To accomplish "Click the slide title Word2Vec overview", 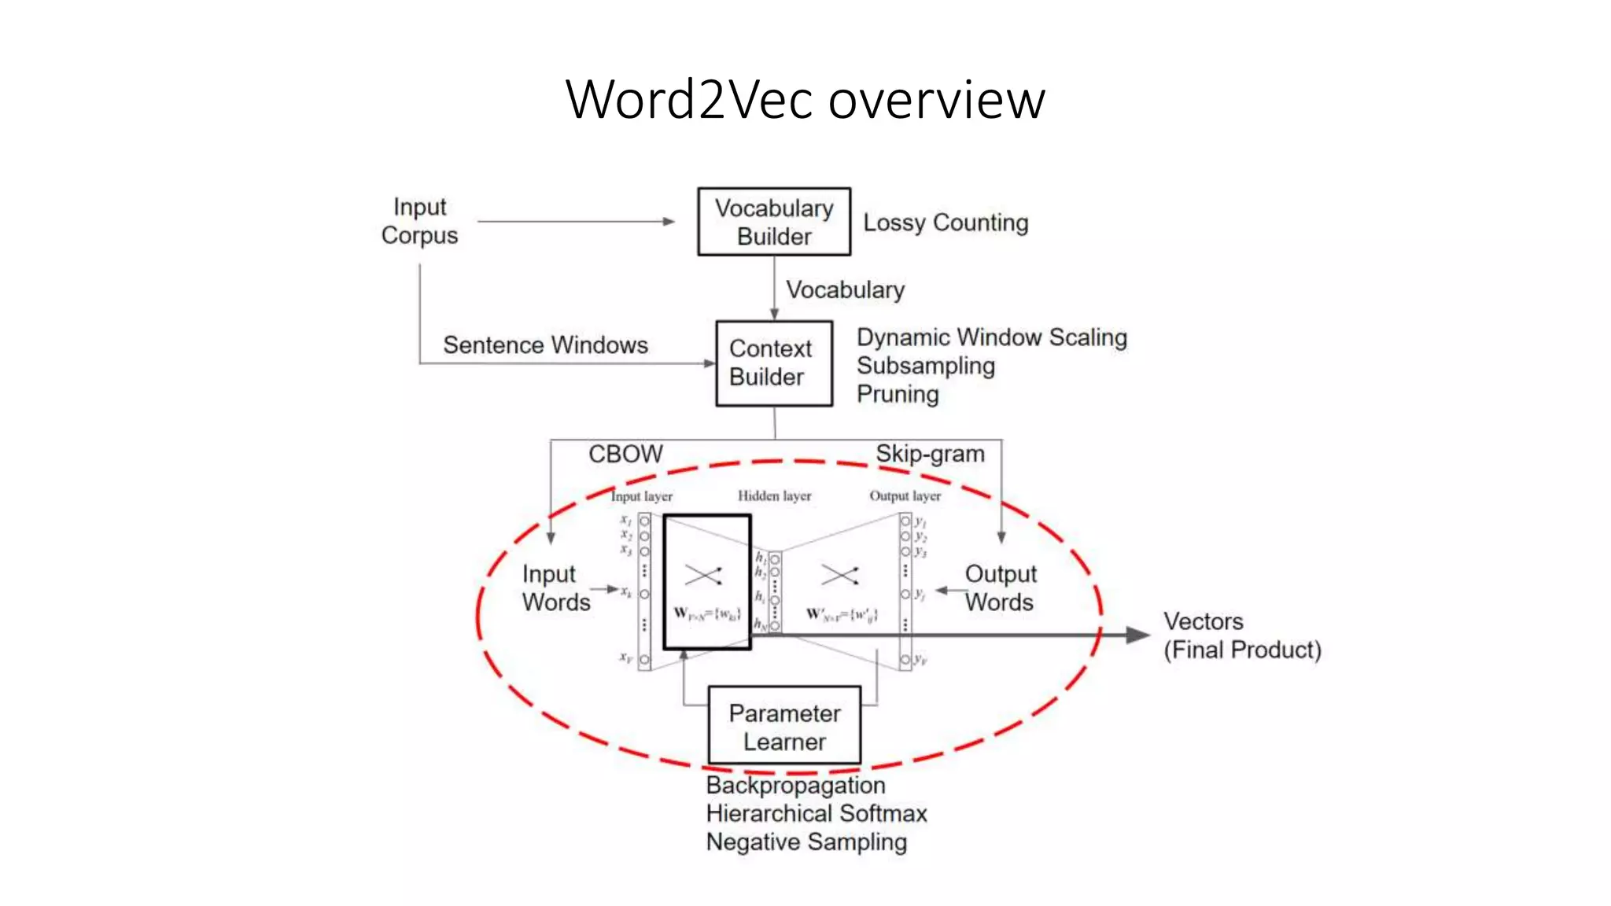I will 805,100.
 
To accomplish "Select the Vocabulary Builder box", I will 774,222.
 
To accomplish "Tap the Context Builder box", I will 774,363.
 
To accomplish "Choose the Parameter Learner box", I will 784,727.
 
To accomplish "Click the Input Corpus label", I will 419,221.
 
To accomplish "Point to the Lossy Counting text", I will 946,223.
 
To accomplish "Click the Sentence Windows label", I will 545,345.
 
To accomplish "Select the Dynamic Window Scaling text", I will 991,337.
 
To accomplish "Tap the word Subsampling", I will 925,366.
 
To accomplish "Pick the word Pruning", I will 898,394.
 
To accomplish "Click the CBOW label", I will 625,454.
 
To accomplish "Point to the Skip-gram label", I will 930,454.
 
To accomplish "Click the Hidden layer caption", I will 774,495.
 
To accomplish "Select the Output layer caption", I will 905,495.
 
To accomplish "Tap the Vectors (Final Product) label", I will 1241,635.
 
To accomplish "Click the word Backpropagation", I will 795,785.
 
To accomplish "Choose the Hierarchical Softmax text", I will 817,813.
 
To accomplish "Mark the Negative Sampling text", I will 806,842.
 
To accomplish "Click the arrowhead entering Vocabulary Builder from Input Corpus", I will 669,222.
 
